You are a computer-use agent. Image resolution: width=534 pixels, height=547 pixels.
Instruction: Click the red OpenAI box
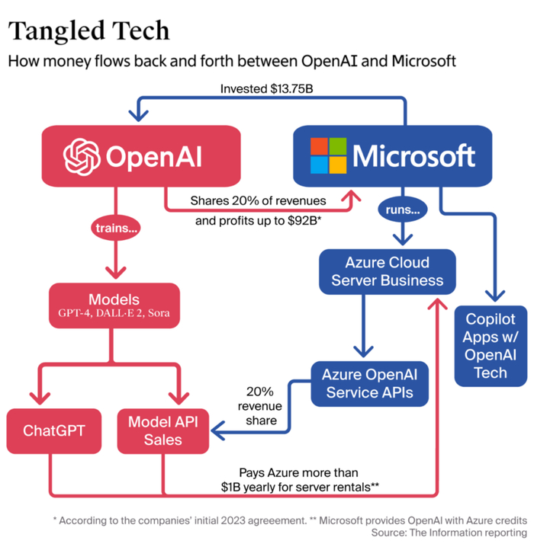(142, 156)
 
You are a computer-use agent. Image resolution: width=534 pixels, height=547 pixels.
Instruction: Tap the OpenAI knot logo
(82, 156)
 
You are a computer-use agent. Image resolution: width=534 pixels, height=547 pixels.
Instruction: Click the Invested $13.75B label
(267, 89)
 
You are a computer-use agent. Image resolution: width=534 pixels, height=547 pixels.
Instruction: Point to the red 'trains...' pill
(115, 227)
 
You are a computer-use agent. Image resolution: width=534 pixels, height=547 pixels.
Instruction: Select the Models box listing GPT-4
(115, 305)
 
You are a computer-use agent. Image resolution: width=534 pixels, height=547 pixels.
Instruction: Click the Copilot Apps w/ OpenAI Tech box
(491, 346)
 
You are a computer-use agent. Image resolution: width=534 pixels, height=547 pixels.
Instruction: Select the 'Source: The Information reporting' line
(449, 533)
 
